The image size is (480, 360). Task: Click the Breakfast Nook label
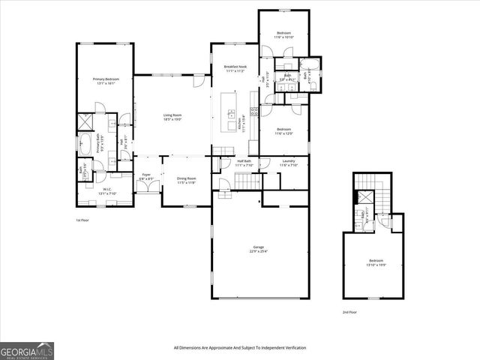point(235,68)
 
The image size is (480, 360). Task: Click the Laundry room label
point(288,162)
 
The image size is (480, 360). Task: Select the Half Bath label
point(244,162)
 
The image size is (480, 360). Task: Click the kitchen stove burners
point(254,112)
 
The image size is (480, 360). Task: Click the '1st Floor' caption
point(82,220)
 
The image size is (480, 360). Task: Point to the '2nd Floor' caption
point(349,311)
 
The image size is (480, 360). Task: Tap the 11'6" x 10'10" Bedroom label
point(283,34)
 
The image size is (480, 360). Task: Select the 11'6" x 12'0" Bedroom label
point(283,131)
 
